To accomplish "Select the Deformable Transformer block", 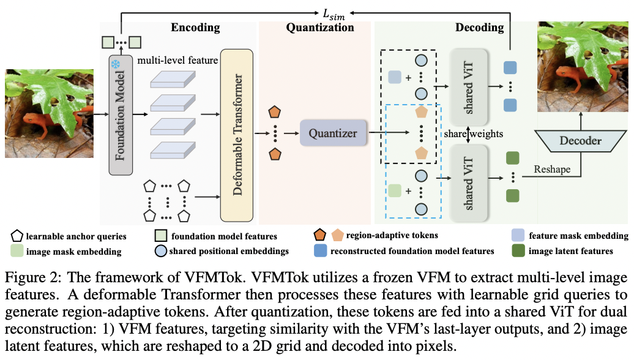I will coord(236,133).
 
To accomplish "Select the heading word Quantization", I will coord(319,28).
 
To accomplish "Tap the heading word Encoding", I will coord(195,28).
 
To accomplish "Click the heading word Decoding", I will coord(479,28).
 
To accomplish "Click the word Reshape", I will coord(552,168).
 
